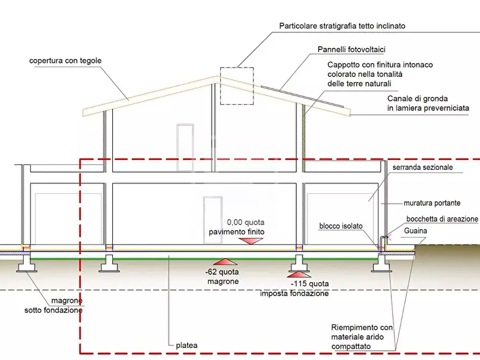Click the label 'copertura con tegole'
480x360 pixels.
click(x=65, y=61)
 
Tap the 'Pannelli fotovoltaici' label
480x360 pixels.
click(x=352, y=49)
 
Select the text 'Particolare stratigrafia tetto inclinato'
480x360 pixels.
click(x=342, y=26)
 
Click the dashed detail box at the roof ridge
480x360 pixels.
click(x=236, y=85)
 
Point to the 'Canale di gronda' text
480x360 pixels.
click(x=428, y=103)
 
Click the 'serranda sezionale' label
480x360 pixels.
click(x=422, y=168)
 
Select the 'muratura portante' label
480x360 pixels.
click(x=432, y=204)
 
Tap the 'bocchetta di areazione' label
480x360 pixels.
click(x=442, y=219)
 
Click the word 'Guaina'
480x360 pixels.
click(x=416, y=231)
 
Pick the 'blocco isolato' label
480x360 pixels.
click(x=341, y=226)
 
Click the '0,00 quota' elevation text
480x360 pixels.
click(x=246, y=222)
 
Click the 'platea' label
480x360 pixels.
click(x=187, y=345)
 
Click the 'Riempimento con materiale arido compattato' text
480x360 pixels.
click(x=362, y=337)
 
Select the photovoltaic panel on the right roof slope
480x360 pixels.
click(x=301, y=96)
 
